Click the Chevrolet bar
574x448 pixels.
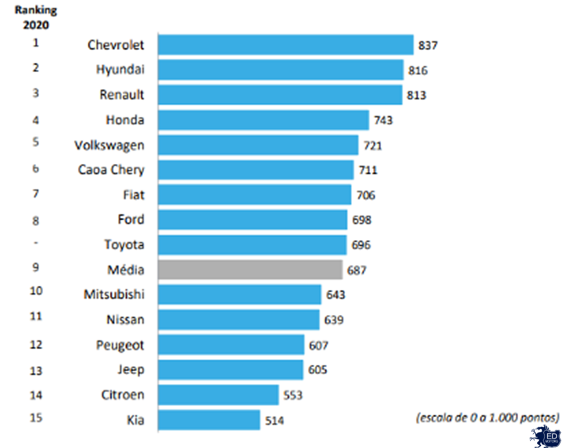click(286, 45)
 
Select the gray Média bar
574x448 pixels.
click(250, 270)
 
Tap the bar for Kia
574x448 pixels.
click(209, 420)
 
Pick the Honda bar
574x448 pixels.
click(264, 120)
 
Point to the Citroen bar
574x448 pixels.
click(218, 395)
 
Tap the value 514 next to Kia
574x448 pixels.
click(274, 420)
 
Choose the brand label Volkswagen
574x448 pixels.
click(110, 145)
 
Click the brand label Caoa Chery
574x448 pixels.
click(111, 170)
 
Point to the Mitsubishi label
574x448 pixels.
click(114, 294)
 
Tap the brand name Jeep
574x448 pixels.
click(131, 370)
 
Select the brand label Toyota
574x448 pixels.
click(124, 244)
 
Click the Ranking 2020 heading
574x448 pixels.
click(36, 18)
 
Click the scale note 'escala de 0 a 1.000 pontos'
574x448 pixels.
click(487, 418)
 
